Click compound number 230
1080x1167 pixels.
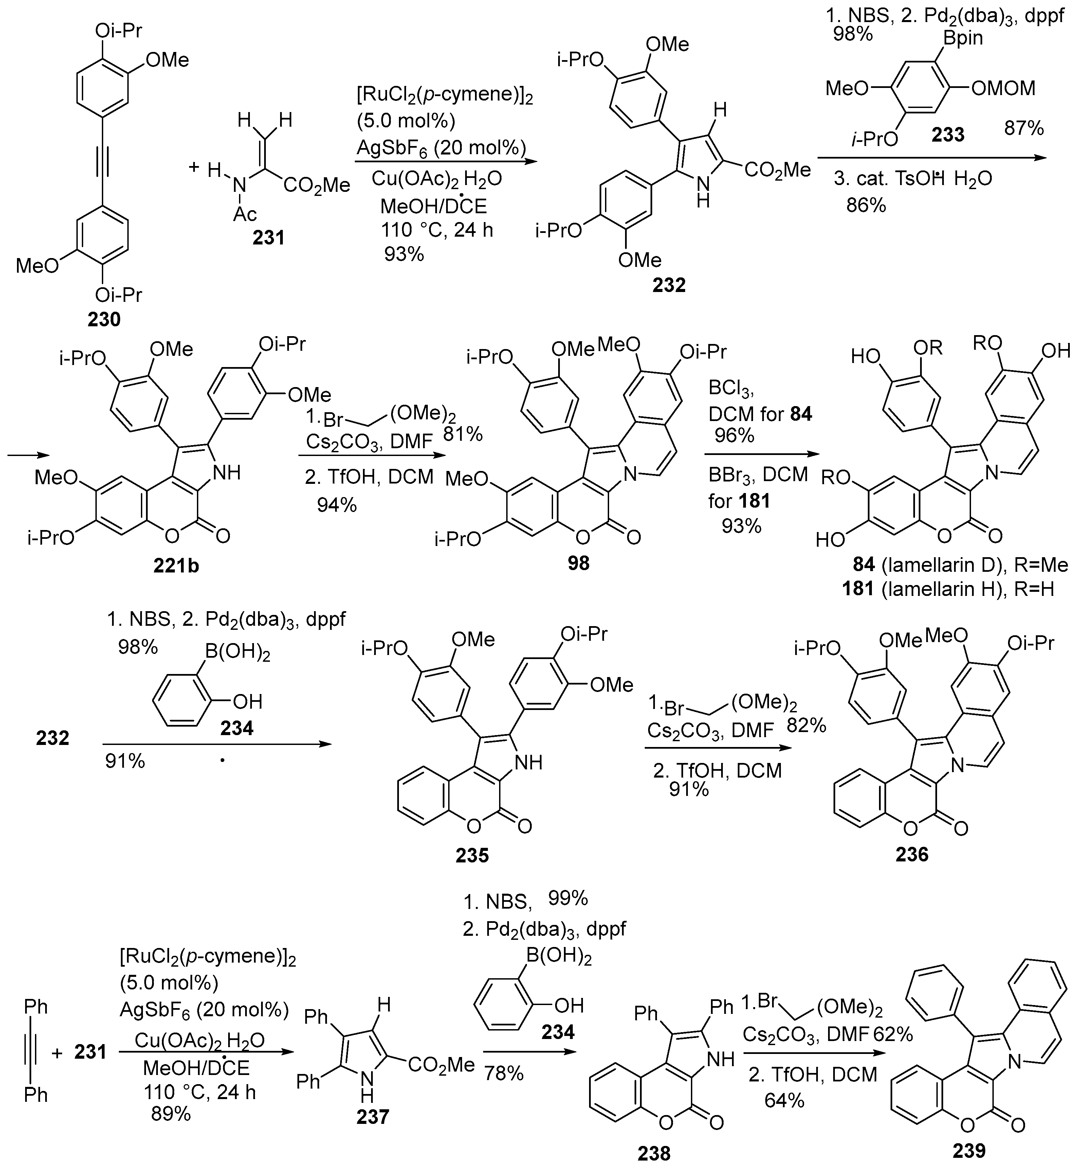[104, 320]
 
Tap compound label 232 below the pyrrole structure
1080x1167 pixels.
[669, 285]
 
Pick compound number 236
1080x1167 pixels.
[912, 854]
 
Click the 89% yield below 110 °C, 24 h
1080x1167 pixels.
[171, 1130]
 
